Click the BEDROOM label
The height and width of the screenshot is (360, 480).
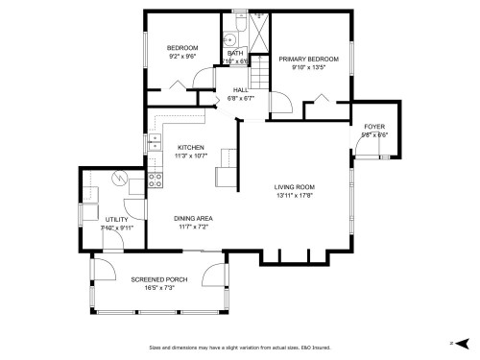pos(182,48)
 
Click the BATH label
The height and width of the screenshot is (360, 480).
pos(234,53)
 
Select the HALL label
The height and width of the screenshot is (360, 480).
pos(239,88)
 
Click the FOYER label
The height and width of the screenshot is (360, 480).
pos(374,127)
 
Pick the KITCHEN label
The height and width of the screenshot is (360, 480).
pos(190,146)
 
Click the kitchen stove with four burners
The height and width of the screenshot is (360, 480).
pos(156,179)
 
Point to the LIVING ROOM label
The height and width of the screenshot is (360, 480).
pos(294,187)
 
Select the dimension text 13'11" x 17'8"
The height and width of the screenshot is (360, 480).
pos(294,196)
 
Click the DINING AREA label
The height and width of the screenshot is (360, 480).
pos(193,218)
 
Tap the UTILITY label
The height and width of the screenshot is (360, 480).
pos(117,219)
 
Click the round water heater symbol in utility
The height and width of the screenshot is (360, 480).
pos(119,178)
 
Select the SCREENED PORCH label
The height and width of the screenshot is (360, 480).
pos(159,278)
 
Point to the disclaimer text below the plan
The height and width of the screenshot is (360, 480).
pos(239,348)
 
